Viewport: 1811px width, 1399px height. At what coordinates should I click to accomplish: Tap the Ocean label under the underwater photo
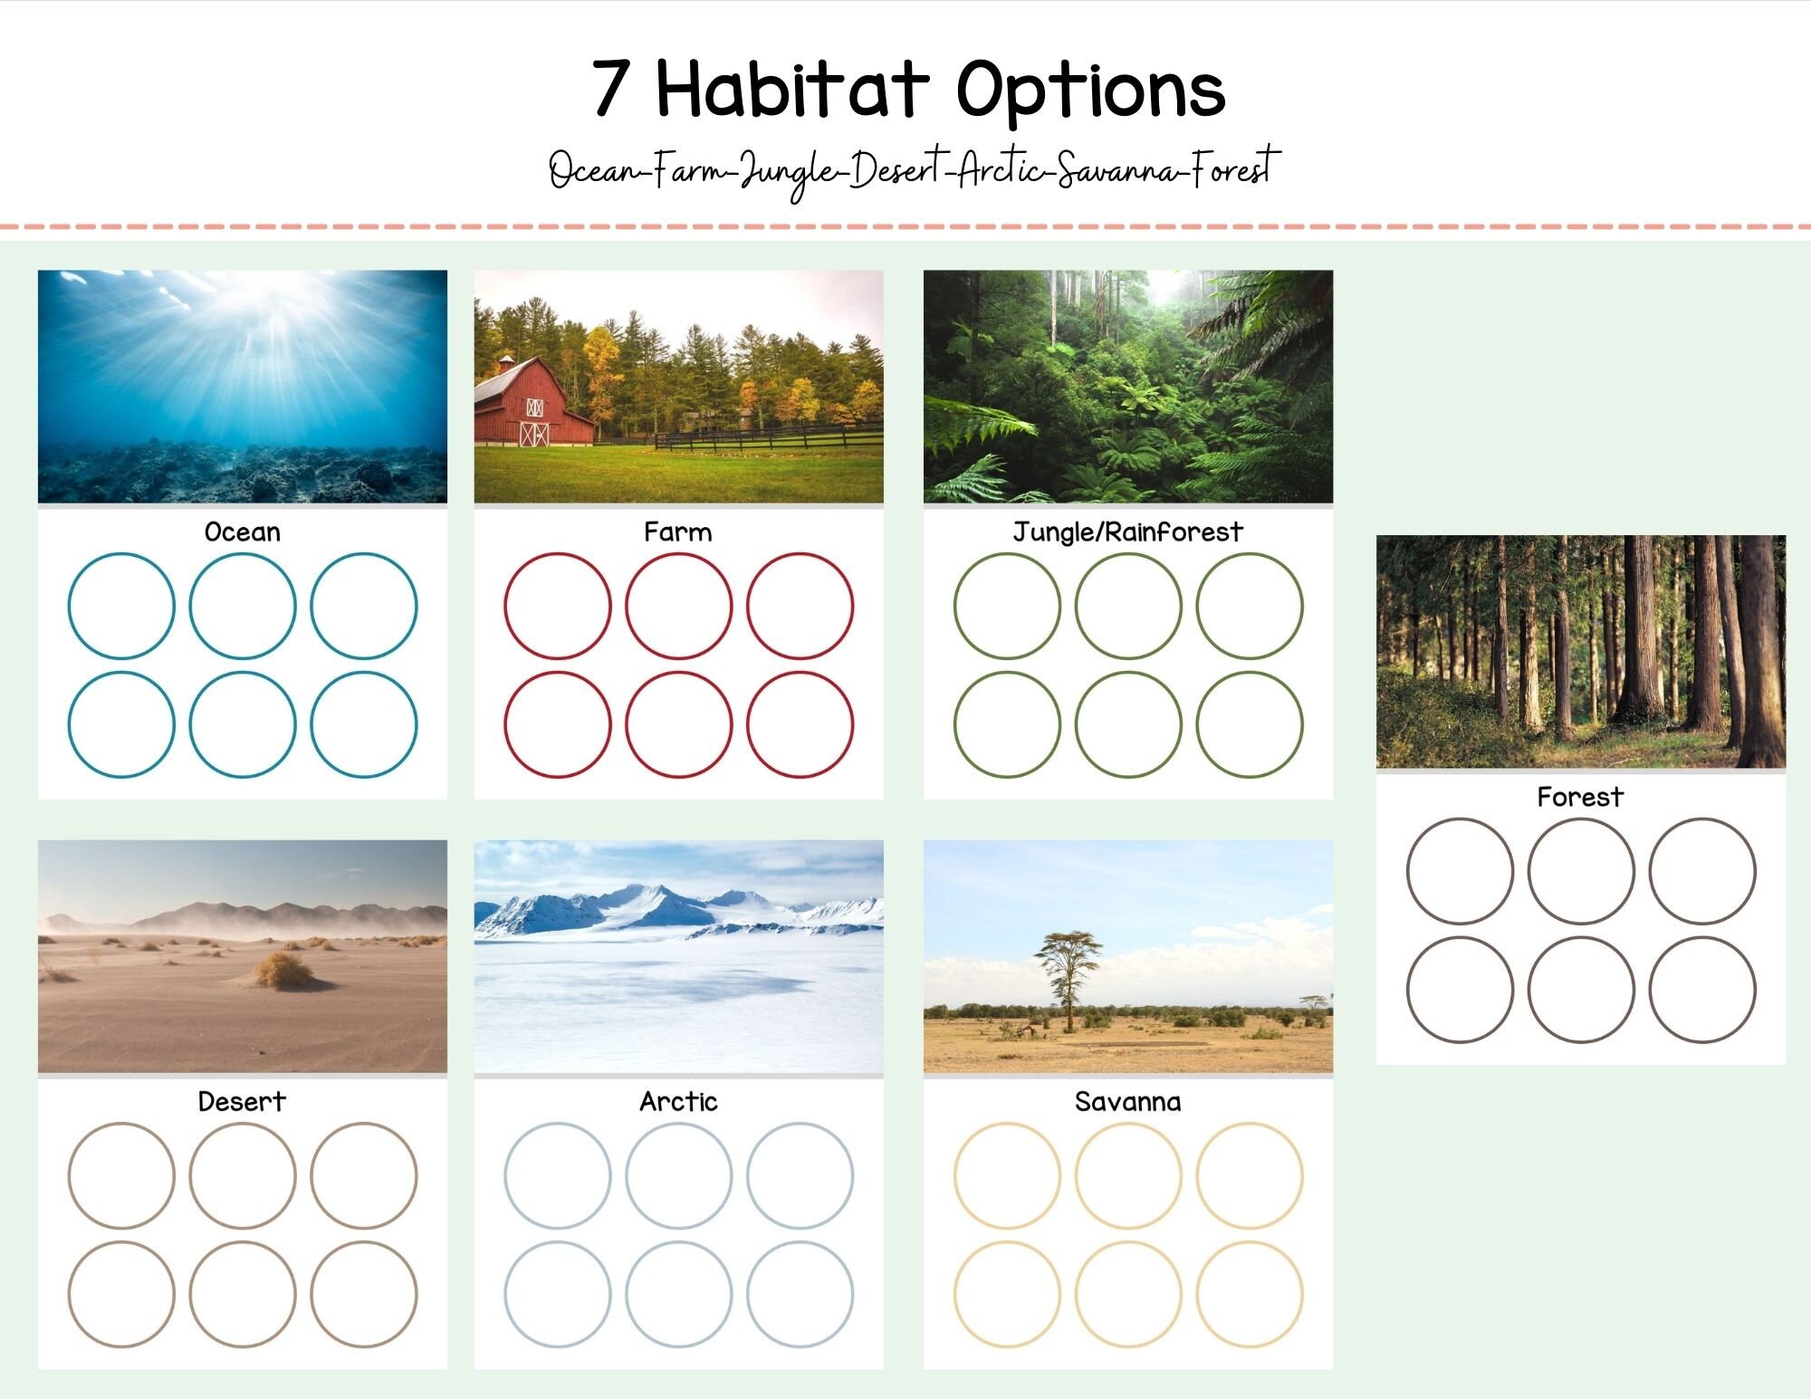[x=243, y=532]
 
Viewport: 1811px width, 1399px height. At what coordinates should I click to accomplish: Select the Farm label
[x=678, y=532]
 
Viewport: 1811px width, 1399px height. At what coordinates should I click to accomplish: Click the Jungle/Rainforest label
[x=1127, y=532]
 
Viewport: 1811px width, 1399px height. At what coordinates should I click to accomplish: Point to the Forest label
[x=1580, y=798]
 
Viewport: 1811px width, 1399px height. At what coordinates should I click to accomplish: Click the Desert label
[x=242, y=1102]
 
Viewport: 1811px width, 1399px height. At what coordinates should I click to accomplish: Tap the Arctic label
[x=678, y=1102]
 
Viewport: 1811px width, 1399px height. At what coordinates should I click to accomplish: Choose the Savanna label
[x=1127, y=1102]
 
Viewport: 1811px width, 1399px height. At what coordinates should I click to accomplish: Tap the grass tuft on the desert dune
[x=283, y=971]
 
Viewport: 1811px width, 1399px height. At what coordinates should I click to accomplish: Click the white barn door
[x=534, y=434]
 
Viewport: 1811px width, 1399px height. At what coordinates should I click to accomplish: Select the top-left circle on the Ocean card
[x=121, y=606]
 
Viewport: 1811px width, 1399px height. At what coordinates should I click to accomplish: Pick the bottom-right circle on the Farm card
[x=800, y=724]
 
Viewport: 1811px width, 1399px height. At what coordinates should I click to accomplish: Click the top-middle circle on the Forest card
[x=1581, y=871]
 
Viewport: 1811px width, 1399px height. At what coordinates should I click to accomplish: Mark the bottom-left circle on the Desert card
[x=121, y=1294]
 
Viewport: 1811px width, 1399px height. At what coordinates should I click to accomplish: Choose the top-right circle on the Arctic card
[x=800, y=1175]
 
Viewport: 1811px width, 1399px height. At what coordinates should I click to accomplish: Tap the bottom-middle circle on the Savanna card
[x=1128, y=1294]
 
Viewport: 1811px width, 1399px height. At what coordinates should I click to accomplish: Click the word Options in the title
[x=1091, y=91]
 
